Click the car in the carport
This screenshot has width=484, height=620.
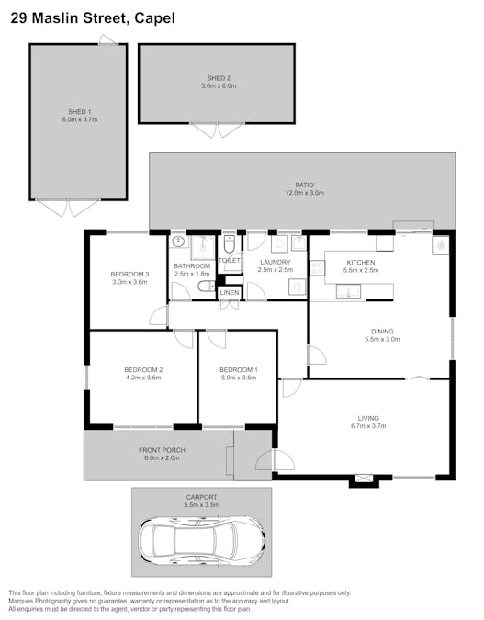pos(202,540)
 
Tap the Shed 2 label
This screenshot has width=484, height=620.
pos(219,78)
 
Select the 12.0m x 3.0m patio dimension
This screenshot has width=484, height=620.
pos(305,193)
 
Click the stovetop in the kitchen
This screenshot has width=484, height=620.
pos(317,267)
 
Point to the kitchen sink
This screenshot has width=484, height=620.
pos(348,291)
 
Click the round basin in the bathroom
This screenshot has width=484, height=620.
pos(179,242)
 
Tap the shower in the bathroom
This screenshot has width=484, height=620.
pos(203,247)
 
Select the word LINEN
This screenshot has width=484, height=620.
pos(230,293)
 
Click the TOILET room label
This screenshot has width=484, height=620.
pos(230,261)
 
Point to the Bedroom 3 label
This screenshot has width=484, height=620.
pos(129,274)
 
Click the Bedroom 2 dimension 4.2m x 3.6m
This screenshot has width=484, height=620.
pos(143,378)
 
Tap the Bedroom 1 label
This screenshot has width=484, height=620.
pos(239,370)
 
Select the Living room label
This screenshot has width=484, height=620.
pos(368,418)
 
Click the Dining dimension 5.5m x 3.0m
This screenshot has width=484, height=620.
pos(382,339)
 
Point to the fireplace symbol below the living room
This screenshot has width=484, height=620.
pos(364,479)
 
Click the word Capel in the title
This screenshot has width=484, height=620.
pos(154,18)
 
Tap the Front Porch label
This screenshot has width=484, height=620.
pos(163,450)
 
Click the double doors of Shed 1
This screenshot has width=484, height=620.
pos(68,208)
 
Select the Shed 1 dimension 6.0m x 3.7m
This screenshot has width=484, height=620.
pos(80,119)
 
